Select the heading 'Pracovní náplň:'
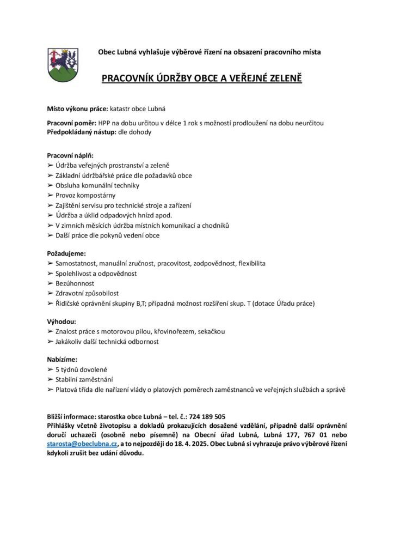pyautogui.click(x=70, y=155)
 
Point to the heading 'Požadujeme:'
pyautogui.click(x=66, y=253)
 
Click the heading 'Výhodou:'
pyautogui.click(x=61, y=321)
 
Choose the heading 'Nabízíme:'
pyautogui.click(x=63, y=360)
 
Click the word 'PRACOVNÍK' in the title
pyautogui.click(x=127, y=78)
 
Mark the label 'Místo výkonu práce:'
pyautogui.click(x=78, y=109)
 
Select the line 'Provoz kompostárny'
pyautogui.click(x=85, y=195)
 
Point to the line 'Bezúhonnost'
pyautogui.click(x=75, y=283)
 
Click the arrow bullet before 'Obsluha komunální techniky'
pyautogui.click(x=50, y=185)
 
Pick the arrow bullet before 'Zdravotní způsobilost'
pyautogui.click(x=50, y=293)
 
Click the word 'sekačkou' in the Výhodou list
pyautogui.click(x=210, y=331)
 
